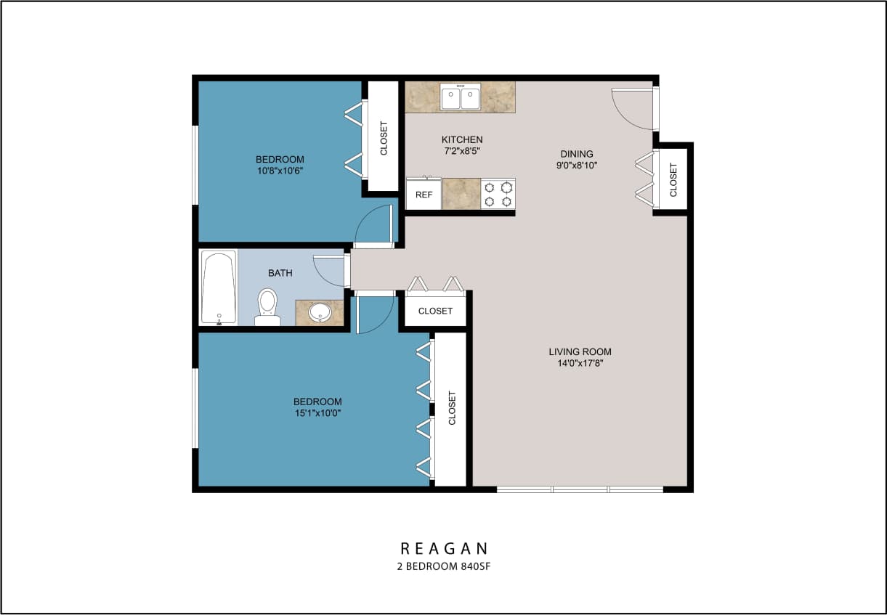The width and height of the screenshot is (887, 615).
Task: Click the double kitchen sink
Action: (x=460, y=97)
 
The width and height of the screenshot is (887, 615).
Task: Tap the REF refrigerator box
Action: (x=424, y=195)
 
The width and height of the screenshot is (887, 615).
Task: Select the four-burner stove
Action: (x=498, y=194)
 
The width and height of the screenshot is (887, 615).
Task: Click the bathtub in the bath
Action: (x=219, y=288)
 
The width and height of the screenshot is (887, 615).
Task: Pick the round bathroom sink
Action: (x=320, y=312)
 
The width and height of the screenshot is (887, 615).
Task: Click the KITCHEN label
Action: (x=462, y=139)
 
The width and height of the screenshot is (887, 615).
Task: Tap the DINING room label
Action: (x=577, y=154)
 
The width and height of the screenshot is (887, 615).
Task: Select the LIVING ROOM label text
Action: (x=580, y=352)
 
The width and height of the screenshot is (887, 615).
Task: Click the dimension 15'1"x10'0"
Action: (x=317, y=413)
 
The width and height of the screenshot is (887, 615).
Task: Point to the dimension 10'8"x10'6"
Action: (x=280, y=171)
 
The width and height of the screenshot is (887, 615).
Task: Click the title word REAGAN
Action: (x=444, y=548)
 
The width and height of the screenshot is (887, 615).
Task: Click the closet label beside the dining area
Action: (x=673, y=179)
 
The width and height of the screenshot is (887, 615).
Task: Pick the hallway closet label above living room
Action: (x=435, y=311)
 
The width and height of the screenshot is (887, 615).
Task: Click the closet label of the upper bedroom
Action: (x=384, y=138)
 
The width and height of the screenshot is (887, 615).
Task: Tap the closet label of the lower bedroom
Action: (x=452, y=408)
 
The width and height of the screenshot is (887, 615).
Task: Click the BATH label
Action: (x=280, y=273)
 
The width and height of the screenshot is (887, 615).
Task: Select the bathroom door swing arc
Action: (x=328, y=271)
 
